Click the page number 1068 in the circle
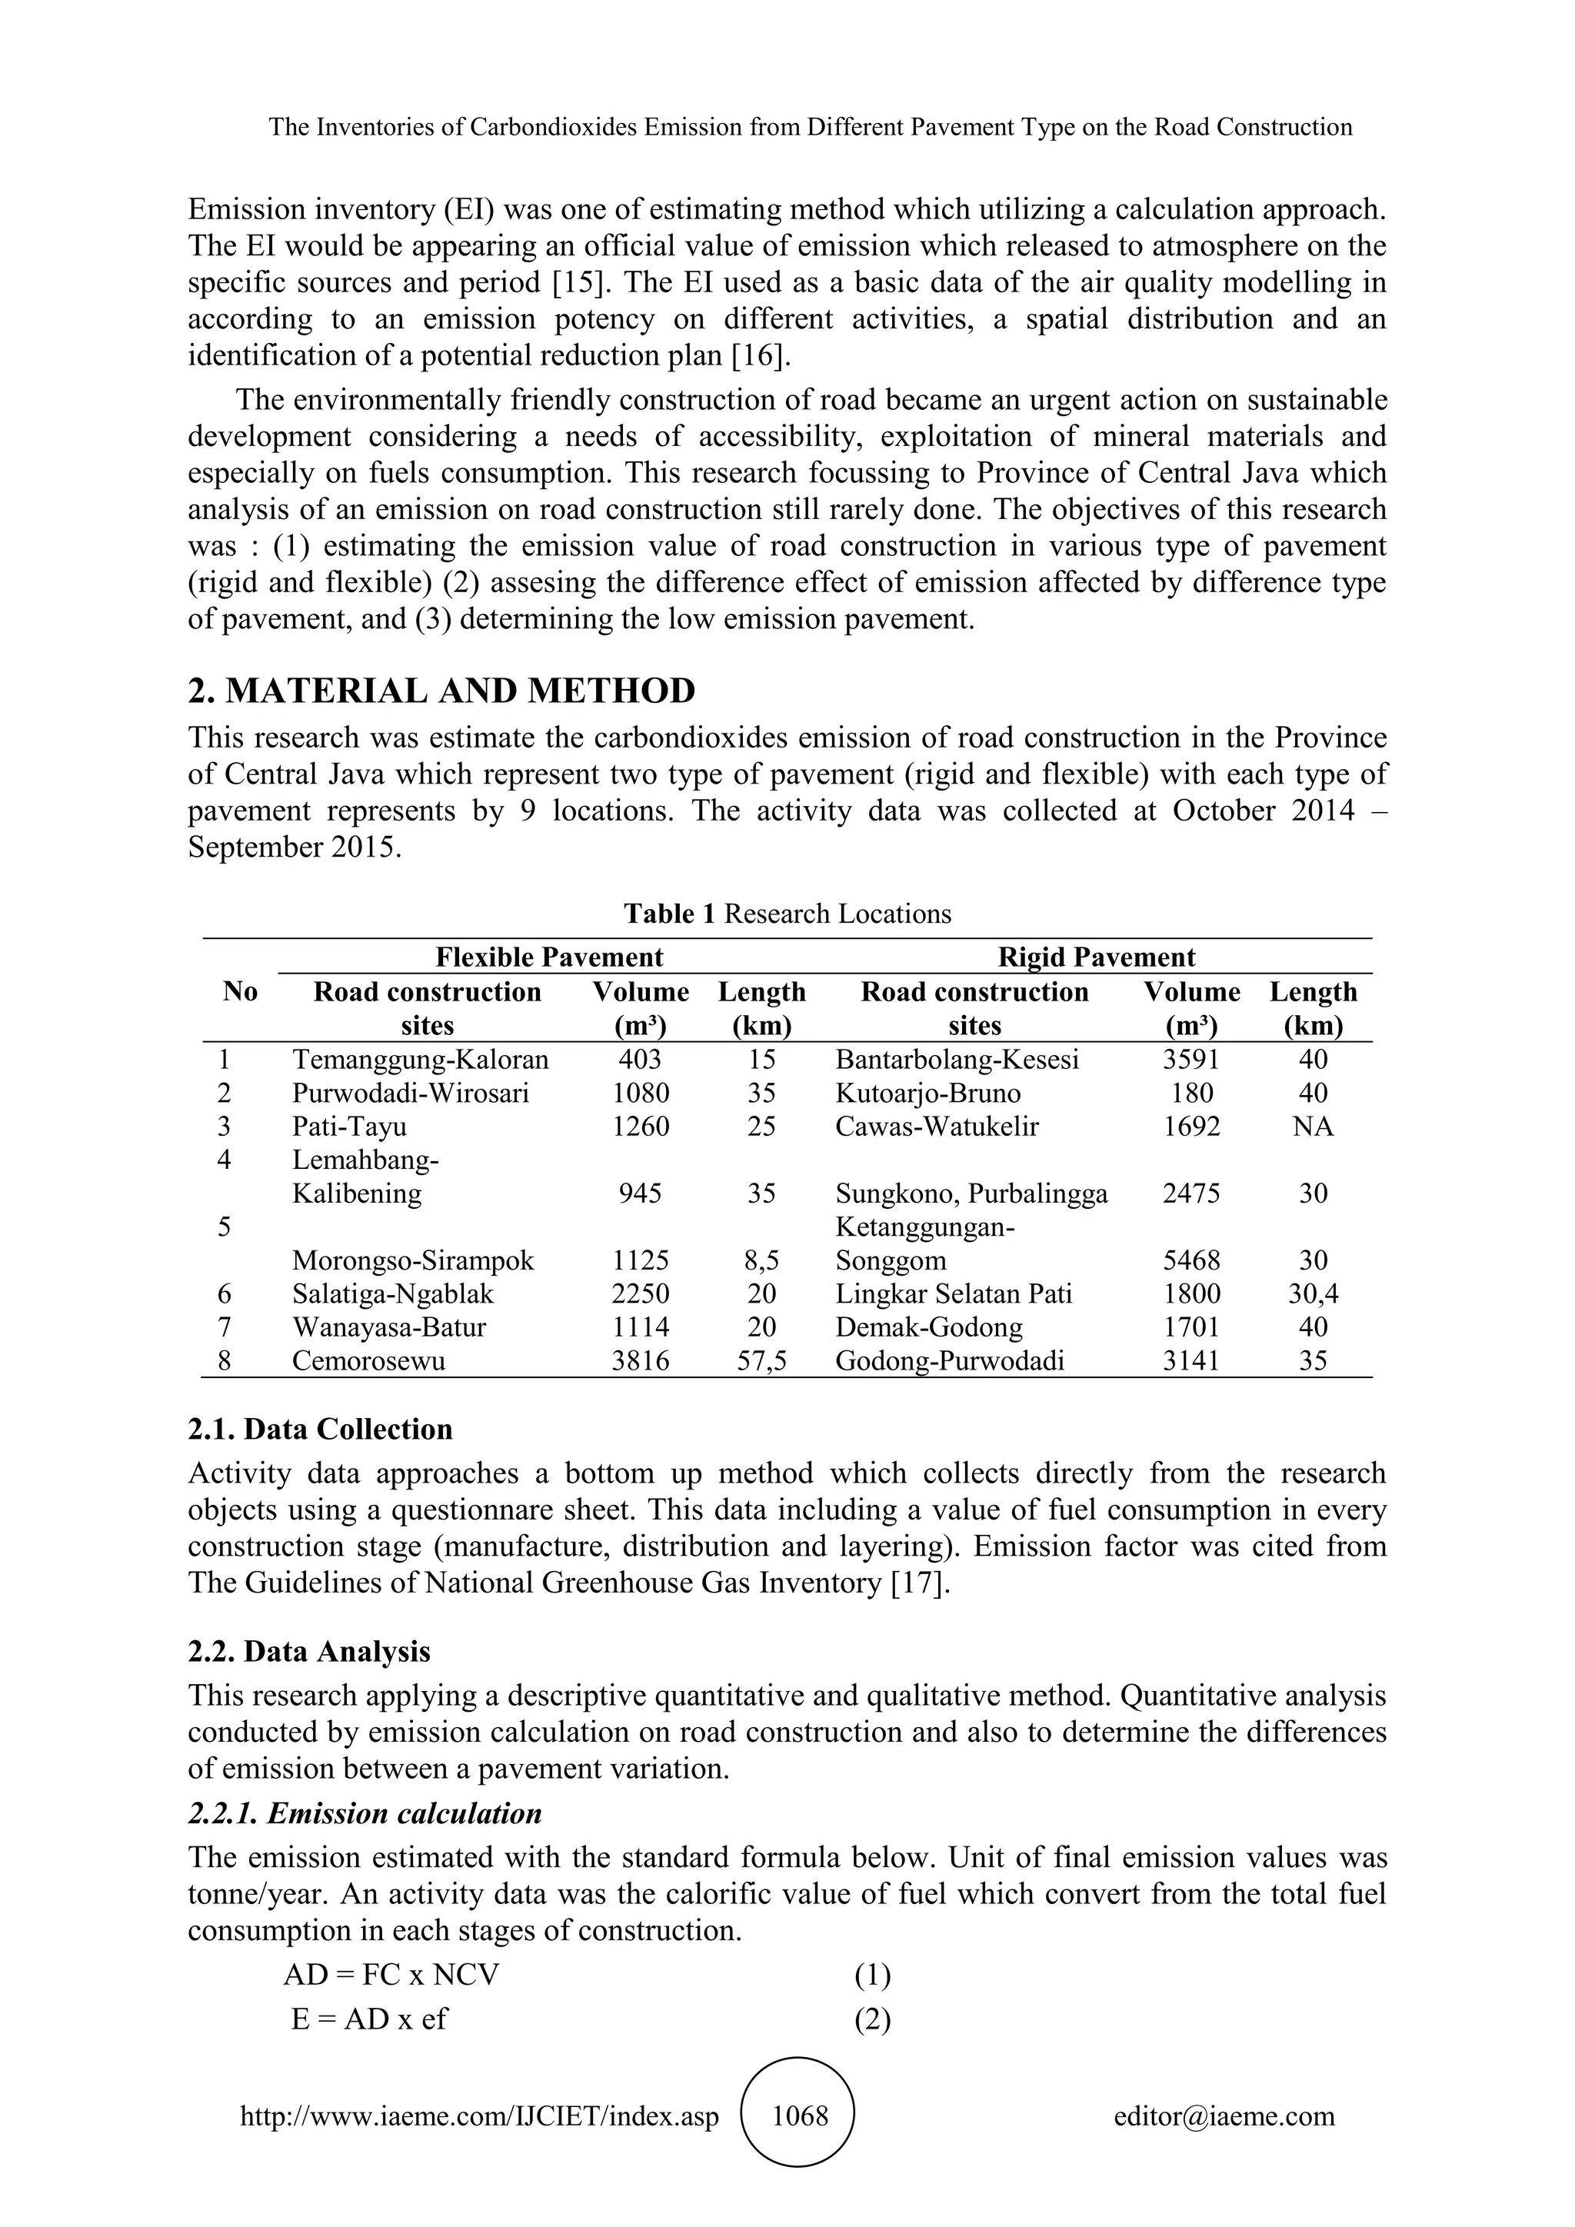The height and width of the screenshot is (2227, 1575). pos(799,2115)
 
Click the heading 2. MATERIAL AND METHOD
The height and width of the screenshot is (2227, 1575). pos(441,691)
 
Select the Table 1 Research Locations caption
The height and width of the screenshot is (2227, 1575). pos(787,914)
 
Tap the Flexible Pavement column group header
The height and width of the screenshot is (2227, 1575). pos(549,957)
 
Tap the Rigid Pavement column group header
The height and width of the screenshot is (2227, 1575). pos(1096,957)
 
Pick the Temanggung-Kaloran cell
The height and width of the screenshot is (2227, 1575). pos(420,1059)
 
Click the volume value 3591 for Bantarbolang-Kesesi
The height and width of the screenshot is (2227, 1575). pos(1191,1059)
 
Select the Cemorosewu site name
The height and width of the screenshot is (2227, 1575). pos(368,1361)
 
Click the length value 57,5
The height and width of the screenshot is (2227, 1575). pos(761,1361)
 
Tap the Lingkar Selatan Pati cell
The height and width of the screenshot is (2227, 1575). pos(954,1294)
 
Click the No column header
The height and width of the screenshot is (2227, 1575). pos(239,991)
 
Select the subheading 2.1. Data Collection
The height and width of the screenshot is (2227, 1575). pos(320,1429)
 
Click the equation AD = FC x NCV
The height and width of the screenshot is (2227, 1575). pos(391,1975)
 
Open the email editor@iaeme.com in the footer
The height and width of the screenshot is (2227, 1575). pos(1224,2115)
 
